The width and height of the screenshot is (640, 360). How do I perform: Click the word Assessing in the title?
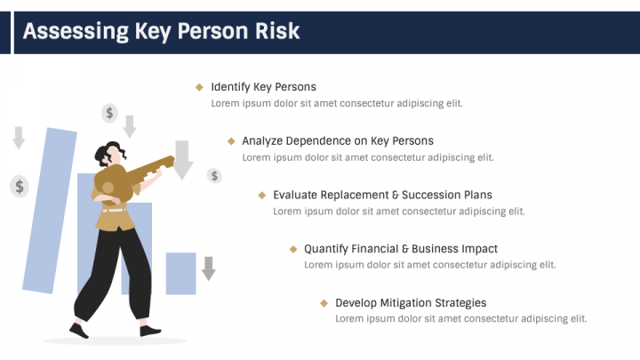pos(76,31)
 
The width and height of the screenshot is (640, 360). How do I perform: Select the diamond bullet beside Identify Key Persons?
pos(199,87)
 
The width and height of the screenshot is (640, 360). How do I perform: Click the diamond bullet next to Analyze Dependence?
pos(231,141)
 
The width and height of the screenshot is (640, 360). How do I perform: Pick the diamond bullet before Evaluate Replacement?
pos(262,195)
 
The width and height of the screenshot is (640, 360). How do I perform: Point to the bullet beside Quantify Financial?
pos(293,249)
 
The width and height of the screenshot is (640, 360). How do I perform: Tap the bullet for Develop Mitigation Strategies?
pos(324,303)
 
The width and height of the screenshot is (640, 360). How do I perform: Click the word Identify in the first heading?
pos(230,87)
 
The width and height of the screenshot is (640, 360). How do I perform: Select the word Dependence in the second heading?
pos(318,140)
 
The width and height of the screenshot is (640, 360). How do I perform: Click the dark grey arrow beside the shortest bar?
pos(209,268)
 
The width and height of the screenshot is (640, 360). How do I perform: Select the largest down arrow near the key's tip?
pos(182,160)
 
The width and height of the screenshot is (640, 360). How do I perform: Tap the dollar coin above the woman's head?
pos(109,113)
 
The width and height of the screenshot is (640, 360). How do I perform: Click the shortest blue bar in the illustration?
pos(180,274)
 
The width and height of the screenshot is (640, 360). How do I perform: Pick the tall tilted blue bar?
pos(50,211)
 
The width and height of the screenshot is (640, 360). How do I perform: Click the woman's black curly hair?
pos(108,153)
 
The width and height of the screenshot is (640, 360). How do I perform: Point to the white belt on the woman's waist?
pos(115,211)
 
